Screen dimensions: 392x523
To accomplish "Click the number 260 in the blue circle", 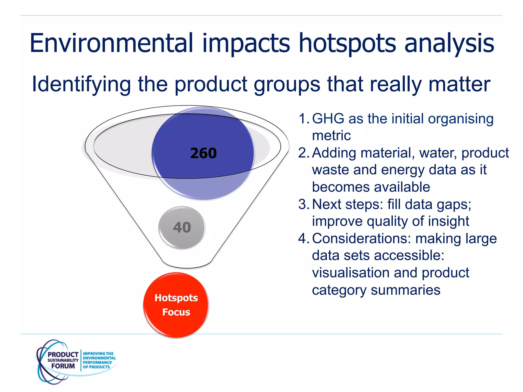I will [x=203, y=153].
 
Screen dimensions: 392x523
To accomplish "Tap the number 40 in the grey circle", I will [x=182, y=227].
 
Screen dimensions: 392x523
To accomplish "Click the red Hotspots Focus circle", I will [x=176, y=305].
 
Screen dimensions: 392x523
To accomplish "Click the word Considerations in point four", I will [x=361, y=239].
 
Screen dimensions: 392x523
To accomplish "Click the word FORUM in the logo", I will [x=63, y=366].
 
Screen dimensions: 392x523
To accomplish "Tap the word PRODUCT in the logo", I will [x=63, y=355].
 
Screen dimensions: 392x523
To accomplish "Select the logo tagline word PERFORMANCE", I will [x=97, y=362].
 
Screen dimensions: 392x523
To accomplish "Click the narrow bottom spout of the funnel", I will [x=187, y=263].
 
